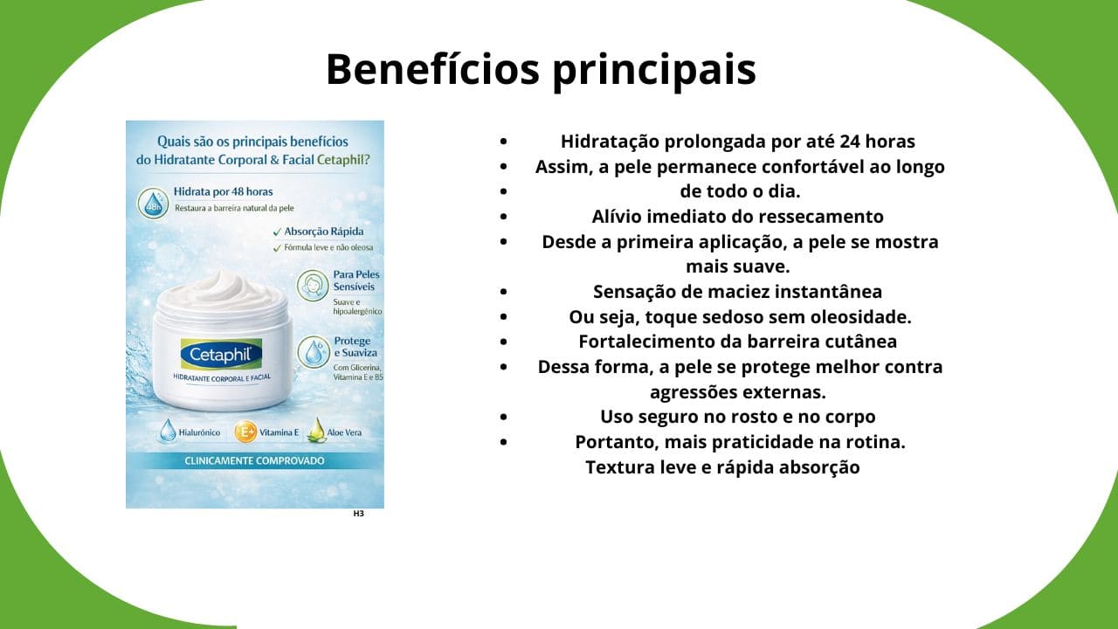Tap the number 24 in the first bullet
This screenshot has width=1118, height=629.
(x=847, y=142)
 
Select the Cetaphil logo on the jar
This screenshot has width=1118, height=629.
(x=221, y=354)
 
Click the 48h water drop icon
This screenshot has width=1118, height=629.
(x=153, y=202)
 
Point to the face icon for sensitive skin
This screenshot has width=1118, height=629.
(x=313, y=286)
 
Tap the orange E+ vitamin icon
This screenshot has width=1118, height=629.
(x=245, y=432)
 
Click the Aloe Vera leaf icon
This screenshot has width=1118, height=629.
(x=315, y=431)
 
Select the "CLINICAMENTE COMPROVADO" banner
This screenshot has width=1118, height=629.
(x=254, y=460)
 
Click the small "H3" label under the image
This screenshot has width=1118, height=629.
(x=358, y=514)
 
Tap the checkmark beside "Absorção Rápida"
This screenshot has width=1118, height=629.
(x=277, y=232)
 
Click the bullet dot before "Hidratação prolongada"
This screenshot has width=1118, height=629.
(x=503, y=142)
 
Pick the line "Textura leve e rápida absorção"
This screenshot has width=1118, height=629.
(x=722, y=467)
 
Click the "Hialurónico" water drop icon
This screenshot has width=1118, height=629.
(x=167, y=431)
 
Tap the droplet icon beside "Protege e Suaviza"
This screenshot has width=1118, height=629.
(x=313, y=352)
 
